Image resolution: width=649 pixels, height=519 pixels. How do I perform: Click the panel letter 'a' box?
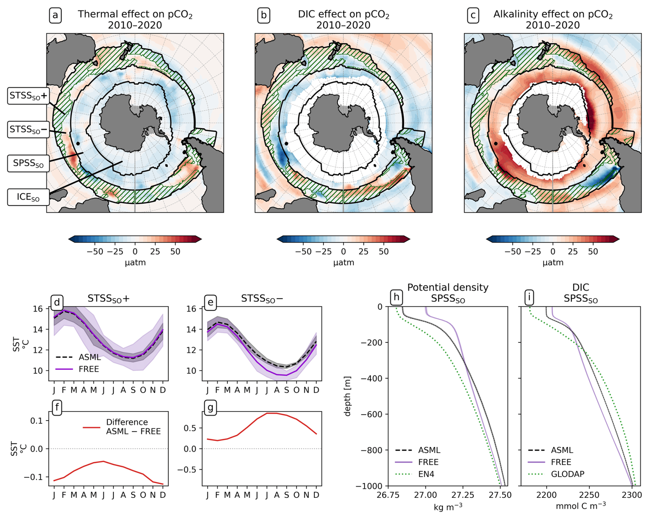(x=55, y=16)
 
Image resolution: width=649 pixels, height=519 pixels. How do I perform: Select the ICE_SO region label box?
(x=28, y=197)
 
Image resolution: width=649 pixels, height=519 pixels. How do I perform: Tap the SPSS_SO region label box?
(x=28, y=163)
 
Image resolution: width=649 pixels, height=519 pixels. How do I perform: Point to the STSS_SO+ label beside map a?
(x=28, y=96)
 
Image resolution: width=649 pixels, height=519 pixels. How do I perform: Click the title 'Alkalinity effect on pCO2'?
(x=553, y=14)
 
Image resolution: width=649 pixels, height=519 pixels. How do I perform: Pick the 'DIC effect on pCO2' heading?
(x=343, y=14)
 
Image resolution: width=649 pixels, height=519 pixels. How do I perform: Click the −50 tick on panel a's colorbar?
(x=95, y=251)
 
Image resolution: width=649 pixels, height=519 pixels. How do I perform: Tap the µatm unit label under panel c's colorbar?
(x=553, y=262)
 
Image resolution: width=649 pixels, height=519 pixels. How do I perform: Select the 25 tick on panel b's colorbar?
(x=363, y=251)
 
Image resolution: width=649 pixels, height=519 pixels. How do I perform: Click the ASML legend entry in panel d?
(x=90, y=357)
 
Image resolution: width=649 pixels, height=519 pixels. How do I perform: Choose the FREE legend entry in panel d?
(x=88, y=369)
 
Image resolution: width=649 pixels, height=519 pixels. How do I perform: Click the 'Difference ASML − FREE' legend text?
(x=133, y=427)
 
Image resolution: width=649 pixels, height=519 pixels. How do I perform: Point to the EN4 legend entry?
(x=426, y=474)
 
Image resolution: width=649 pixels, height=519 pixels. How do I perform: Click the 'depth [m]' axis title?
(x=347, y=396)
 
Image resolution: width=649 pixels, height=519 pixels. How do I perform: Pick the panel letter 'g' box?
(x=210, y=408)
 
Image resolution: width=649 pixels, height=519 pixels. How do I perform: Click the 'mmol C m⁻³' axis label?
(x=580, y=506)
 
